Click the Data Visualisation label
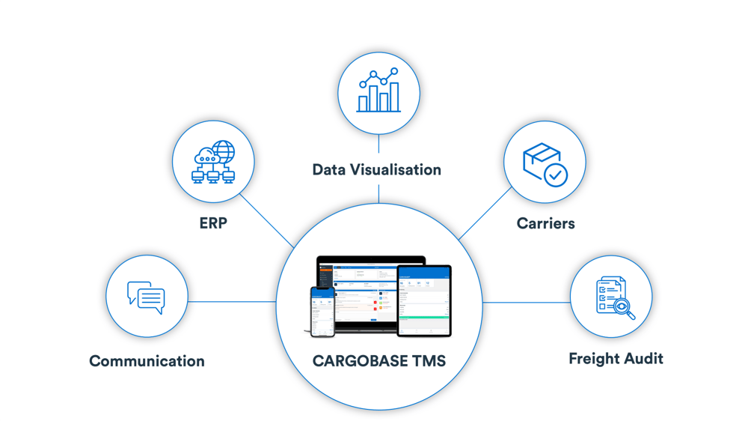coord(377,170)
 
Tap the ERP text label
coord(213,223)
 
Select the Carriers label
coord(546,223)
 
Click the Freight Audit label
coord(616,359)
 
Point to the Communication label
coord(147,361)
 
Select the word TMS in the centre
coord(429,361)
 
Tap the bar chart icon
coord(378,91)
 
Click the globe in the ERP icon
coord(223,151)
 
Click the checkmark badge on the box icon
coord(555,175)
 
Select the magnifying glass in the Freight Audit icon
coord(623,308)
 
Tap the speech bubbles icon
coord(147,297)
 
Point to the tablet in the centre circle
coord(424,300)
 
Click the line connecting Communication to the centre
coord(232,302)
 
